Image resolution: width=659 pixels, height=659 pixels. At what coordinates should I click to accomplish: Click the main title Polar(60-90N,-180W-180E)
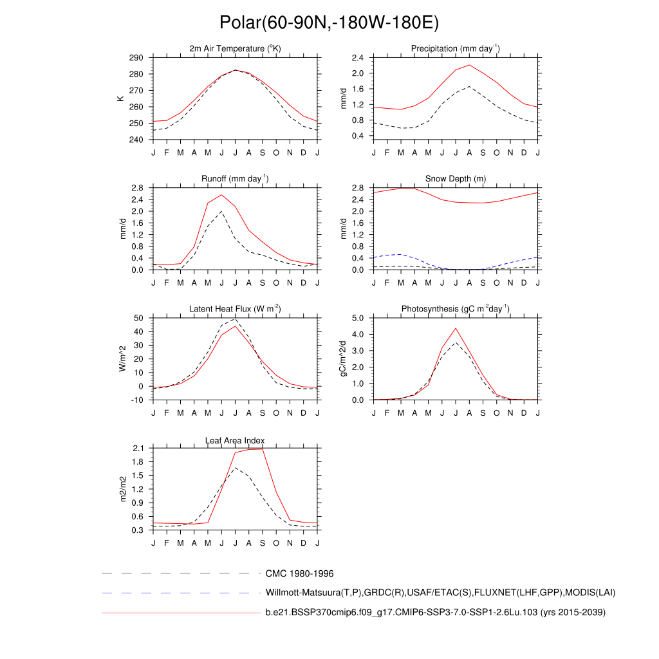[329, 23]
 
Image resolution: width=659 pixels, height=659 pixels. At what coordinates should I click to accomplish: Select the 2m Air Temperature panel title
[235, 49]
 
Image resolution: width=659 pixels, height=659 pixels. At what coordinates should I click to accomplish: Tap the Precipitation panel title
[456, 49]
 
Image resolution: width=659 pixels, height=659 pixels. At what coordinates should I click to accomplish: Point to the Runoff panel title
[235, 179]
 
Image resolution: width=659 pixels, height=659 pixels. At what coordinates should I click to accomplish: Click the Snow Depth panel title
[456, 179]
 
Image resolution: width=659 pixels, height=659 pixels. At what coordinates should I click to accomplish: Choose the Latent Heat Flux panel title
[235, 309]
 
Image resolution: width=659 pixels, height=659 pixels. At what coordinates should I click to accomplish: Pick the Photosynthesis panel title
[456, 309]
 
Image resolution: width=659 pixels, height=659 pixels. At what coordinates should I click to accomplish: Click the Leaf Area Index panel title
[235, 440]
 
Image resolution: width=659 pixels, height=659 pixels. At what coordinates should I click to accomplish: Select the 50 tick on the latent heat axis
[138, 318]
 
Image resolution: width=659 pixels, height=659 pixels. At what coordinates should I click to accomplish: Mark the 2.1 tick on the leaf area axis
[138, 448]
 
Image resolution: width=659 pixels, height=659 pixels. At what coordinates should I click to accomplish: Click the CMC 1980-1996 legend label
[299, 573]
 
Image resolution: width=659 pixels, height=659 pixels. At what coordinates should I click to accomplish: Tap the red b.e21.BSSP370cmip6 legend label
[435, 613]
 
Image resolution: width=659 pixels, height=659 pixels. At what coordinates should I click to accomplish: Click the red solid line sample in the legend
[180, 613]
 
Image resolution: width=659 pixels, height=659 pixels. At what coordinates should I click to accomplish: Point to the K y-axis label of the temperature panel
[120, 98]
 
